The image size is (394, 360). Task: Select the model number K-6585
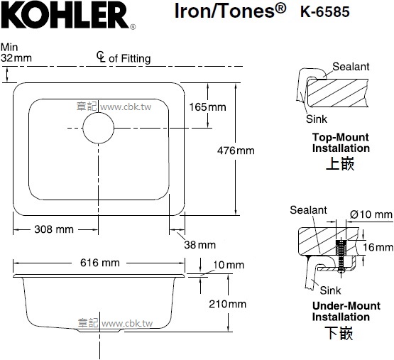(325, 12)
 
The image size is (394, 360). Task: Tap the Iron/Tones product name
(230, 11)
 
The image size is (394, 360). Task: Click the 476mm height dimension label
(236, 151)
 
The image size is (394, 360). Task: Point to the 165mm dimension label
(207, 107)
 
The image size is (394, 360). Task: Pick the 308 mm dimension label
(54, 229)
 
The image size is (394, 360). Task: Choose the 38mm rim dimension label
(199, 245)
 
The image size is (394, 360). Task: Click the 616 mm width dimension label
(100, 263)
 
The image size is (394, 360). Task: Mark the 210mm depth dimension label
(227, 304)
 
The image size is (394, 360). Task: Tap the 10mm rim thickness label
(229, 265)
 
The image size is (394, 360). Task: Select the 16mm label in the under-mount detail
(378, 247)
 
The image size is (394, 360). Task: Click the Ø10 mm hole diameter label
(371, 214)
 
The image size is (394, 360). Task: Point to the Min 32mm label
(16, 53)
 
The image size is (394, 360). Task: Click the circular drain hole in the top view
(98, 128)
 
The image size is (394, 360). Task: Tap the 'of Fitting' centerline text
(130, 58)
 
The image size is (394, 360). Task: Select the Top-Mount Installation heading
(341, 143)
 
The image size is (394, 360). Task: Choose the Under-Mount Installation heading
(346, 311)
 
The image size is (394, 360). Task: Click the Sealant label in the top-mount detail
(351, 67)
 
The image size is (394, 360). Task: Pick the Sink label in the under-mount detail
(330, 290)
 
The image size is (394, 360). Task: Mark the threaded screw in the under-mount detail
(341, 256)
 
